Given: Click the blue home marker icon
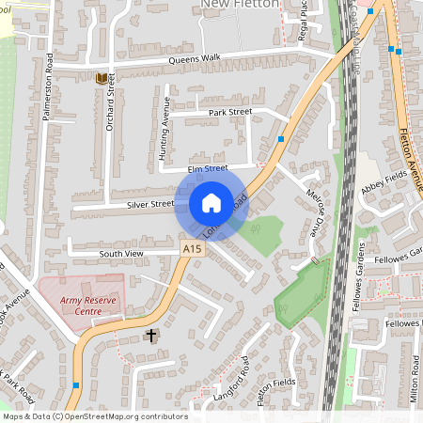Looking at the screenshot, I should click(211, 202).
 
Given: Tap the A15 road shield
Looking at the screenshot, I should click(192, 248).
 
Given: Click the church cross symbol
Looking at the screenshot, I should click(150, 335).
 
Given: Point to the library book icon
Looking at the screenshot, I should click(101, 78).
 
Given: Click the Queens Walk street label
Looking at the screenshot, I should click(195, 58).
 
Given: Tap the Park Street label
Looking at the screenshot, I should click(230, 112).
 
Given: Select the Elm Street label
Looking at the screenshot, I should click(208, 168).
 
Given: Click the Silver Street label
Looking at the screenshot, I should click(150, 202).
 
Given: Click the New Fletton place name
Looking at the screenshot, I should click(241, 5).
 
